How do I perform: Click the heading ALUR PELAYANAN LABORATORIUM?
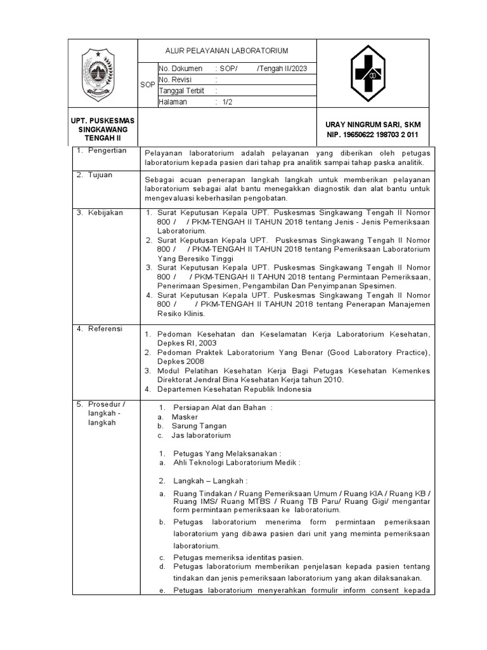point(226,50)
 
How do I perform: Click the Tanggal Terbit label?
point(181,91)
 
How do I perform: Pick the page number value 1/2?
point(228,102)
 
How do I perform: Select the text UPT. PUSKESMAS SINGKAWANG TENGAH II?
point(103,129)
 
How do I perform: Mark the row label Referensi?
point(104,329)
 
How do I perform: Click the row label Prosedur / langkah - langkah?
point(106,413)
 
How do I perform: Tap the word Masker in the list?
point(185,417)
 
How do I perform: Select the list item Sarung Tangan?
point(198,426)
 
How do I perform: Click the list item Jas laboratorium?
point(201,435)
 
